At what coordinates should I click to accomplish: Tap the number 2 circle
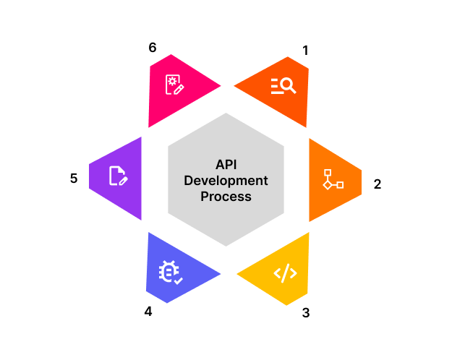coord(376,183)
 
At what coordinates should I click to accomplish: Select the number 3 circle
coord(305,312)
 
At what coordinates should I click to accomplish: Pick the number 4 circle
coord(148,312)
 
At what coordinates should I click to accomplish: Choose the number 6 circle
coord(152,48)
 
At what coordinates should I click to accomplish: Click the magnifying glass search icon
coord(283,86)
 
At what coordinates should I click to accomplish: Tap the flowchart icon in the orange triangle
coord(333,180)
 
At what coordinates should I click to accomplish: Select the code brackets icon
coord(285,273)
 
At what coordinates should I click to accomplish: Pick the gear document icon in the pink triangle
coord(174,84)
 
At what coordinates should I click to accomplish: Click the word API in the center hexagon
coord(227,164)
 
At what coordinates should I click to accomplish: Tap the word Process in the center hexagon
coord(227,196)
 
